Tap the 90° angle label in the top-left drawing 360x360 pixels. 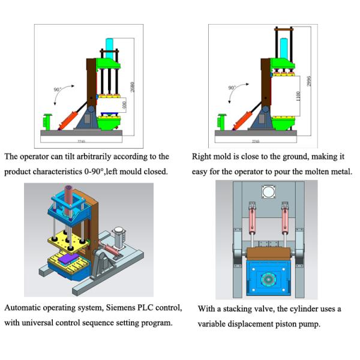click(58, 89)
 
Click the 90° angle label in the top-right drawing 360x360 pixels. click(232, 88)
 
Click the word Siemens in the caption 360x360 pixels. click(121, 308)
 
